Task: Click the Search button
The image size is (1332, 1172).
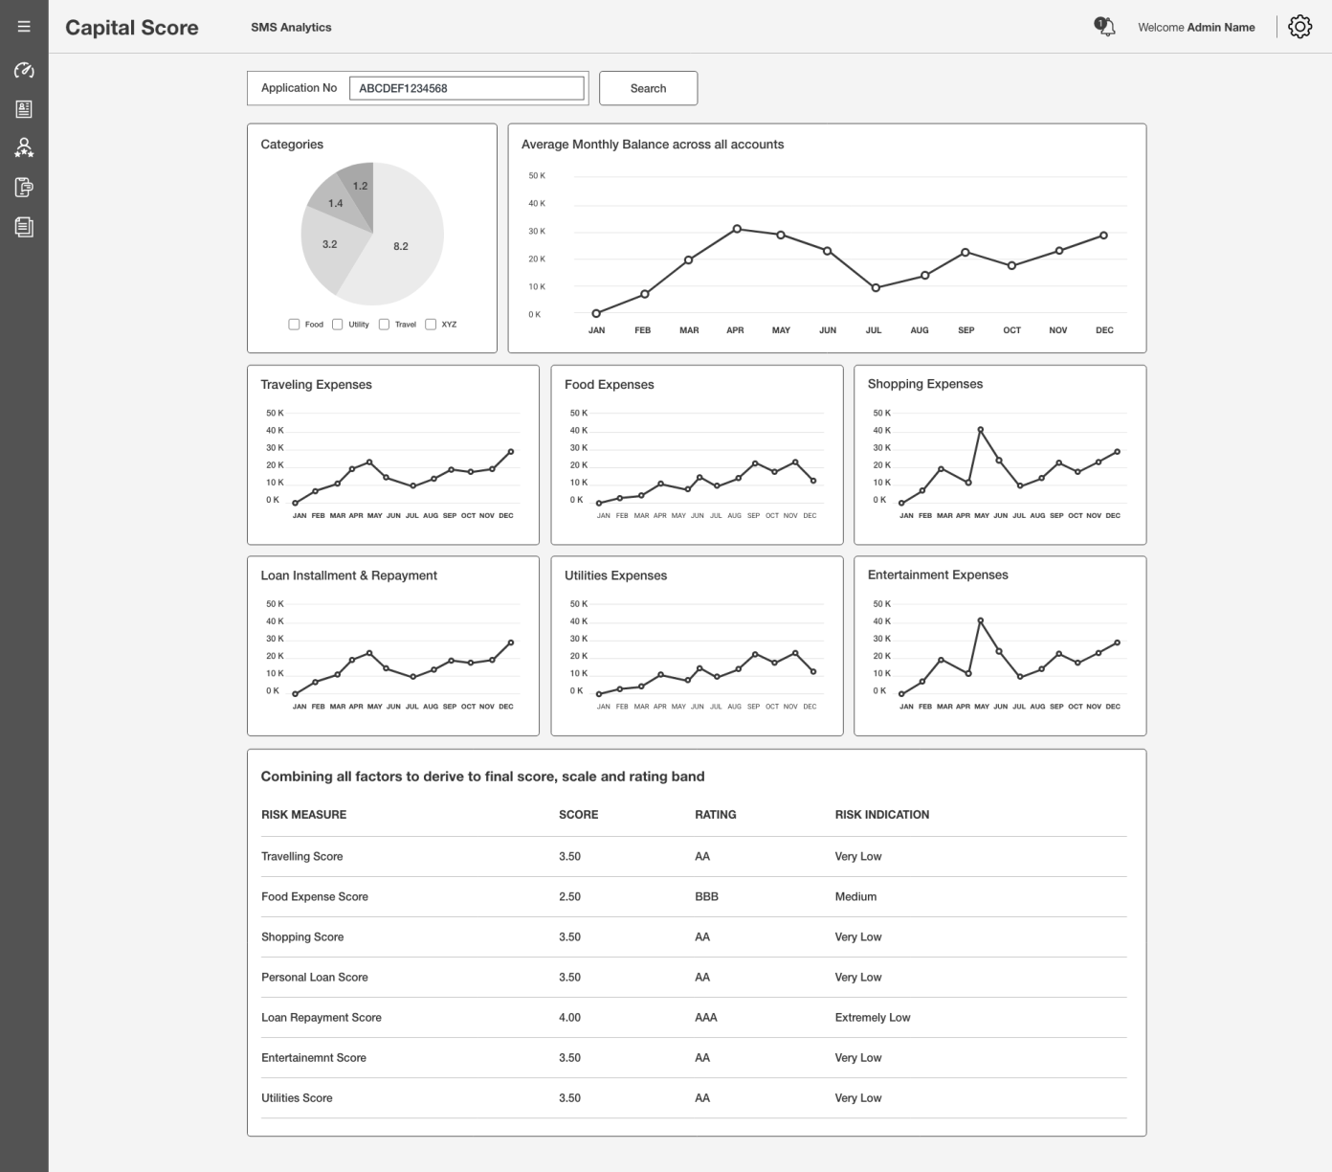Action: (648, 88)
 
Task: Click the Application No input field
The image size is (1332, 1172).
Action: (466, 88)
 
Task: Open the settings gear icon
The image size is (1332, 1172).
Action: (1299, 27)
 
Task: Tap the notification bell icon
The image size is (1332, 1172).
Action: (1105, 27)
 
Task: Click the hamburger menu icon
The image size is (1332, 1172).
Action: (24, 27)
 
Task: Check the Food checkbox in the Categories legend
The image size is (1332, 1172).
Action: (294, 325)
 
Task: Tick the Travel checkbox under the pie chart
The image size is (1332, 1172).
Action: (384, 325)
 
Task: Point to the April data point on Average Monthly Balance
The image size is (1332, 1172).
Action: (737, 229)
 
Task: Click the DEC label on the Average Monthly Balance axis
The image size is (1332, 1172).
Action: (1104, 330)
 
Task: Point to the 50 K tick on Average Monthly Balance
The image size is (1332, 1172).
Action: (537, 176)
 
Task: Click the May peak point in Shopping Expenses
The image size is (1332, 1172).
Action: (980, 430)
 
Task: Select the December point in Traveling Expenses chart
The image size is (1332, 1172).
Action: (511, 451)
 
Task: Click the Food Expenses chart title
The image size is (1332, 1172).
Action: (610, 385)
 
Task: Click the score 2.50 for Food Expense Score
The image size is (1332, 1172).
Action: (569, 897)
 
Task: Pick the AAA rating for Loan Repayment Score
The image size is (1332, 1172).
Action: (705, 1018)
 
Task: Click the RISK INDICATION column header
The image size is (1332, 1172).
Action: (881, 815)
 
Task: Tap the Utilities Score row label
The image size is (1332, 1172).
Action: (297, 1098)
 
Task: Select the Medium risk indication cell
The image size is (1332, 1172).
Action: (855, 897)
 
